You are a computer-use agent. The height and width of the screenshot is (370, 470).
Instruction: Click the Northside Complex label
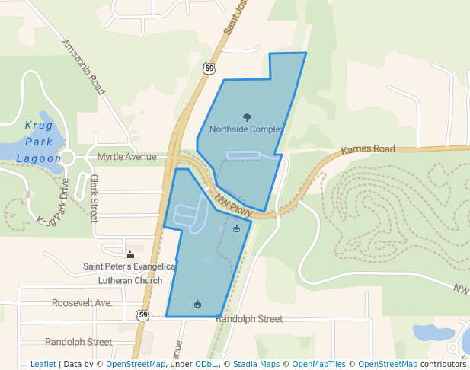click(x=246, y=129)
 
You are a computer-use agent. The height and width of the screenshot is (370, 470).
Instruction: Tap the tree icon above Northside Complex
click(x=246, y=117)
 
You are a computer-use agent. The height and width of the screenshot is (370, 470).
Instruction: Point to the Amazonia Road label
click(x=83, y=67)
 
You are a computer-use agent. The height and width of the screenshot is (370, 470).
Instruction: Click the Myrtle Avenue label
click(x=126, y=157)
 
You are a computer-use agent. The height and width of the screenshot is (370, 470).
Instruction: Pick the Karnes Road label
click(x=368, y=149)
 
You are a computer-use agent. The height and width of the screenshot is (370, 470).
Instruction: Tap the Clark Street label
click(x=94, y=198)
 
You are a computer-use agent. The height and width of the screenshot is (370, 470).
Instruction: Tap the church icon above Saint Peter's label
click(x=129, y=255)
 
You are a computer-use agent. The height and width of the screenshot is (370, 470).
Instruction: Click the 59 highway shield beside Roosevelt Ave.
click(x=142, y=314)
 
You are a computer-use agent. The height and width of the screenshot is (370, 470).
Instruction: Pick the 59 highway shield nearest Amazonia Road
click(x=209, y=69)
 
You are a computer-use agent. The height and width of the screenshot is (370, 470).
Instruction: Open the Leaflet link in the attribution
click(x=43, y=364)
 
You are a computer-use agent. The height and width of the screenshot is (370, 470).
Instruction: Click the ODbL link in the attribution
click(x=207, y=364)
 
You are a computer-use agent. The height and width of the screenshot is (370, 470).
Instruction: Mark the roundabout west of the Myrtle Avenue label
click(x=67, y=158)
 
